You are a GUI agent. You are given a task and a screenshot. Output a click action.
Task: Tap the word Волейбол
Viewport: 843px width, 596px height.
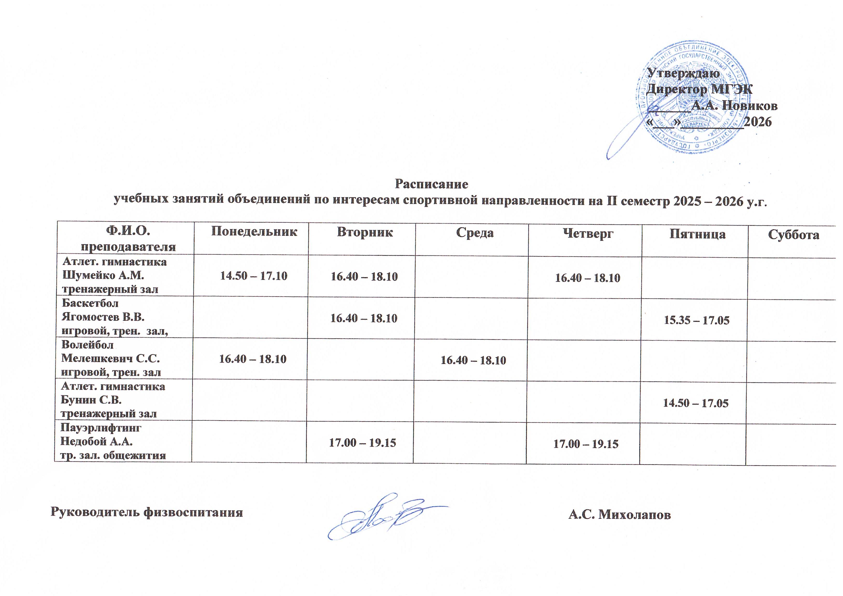pyautogui.click(x=88, y=345)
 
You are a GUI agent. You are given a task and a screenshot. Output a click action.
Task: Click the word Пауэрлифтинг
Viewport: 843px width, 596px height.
pyautogui.click(x=101, y=428)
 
